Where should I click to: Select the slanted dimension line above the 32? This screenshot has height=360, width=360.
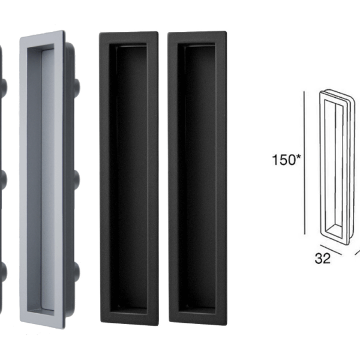click(329, 248)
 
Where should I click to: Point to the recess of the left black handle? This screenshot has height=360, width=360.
click(128, 180)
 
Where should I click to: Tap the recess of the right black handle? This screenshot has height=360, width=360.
click(197, 180)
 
